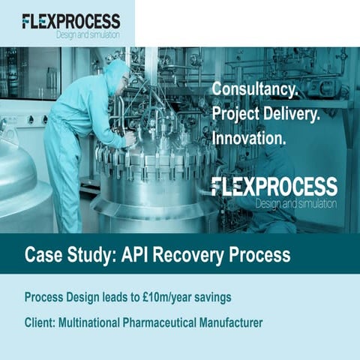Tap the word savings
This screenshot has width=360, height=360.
(209, 298)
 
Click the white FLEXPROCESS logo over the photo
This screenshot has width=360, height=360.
(274, 187)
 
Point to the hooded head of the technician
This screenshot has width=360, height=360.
(116, 76)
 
